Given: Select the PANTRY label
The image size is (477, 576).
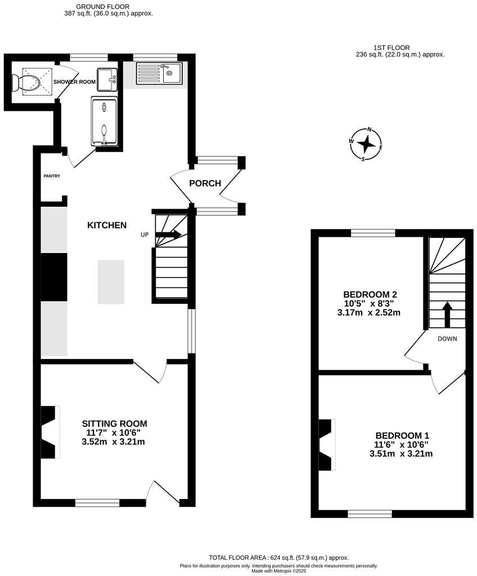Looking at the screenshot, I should (x=52, y=176).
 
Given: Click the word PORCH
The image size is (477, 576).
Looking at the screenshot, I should (x=205, y=183).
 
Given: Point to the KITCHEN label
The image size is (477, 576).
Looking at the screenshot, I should (x=107, y=225).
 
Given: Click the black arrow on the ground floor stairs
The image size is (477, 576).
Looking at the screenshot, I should (x=169, y=234).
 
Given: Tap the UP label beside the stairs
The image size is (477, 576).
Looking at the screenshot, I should (x=145, y=235).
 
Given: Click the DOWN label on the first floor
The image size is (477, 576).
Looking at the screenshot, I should (x=447, y=339).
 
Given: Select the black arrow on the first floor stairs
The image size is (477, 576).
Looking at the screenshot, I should (x=448, y=314).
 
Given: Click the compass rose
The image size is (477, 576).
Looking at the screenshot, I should (x=366, y=144).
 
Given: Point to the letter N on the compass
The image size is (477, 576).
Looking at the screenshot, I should (x=370, y=129).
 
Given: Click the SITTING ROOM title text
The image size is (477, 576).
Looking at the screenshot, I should (x=114, y=424).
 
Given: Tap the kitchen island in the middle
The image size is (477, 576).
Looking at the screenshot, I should (x=110, y=282).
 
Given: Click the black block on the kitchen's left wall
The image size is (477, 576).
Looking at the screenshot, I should (x=54, y=277).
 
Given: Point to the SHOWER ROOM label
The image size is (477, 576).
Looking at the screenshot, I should (x=74, y=82).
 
